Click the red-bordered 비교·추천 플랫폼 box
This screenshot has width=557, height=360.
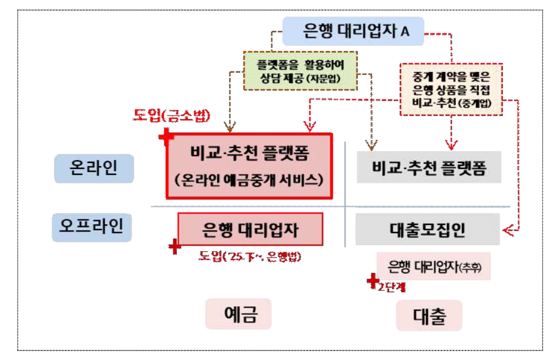[249, 165]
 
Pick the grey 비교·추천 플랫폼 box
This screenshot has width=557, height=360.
[428, 168]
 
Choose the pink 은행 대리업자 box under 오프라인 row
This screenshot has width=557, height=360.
[250, 229]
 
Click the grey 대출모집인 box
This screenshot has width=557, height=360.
[427, 229]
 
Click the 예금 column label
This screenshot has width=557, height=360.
[239, 314]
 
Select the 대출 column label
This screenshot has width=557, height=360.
[428, 315]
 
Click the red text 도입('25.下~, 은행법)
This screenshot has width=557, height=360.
[251, 256]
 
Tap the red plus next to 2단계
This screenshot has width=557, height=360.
[373, 279]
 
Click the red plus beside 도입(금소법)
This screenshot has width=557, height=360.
[167, 137]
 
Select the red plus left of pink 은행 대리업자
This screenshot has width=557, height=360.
[174, 246]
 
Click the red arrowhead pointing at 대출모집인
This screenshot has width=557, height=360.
[506, 228]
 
